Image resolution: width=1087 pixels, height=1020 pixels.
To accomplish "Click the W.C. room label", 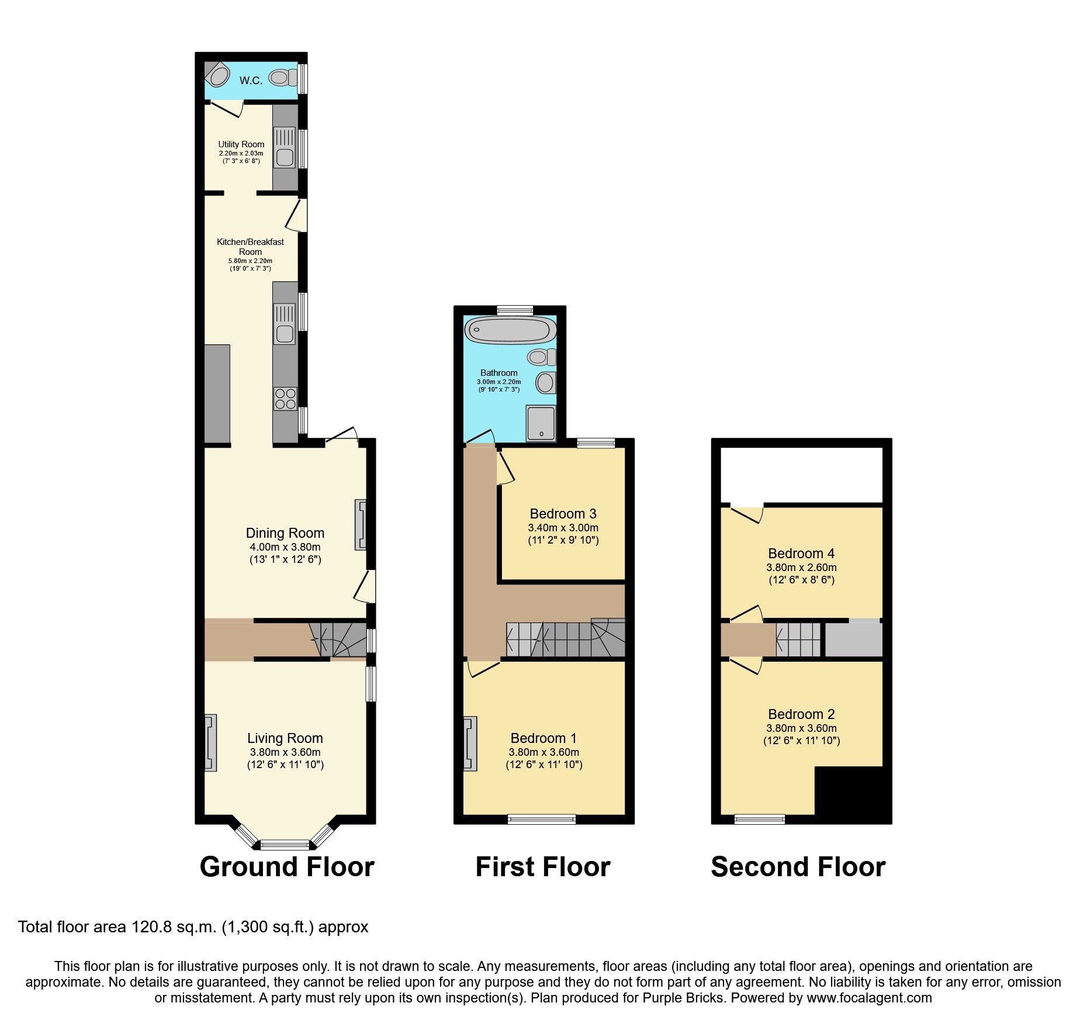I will (251, 81).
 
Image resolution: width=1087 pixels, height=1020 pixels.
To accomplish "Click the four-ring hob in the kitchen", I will (285, 399).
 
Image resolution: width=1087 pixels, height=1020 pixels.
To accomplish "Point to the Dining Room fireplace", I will (361, 524).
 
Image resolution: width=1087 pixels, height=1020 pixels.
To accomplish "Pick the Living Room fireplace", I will (210, 742).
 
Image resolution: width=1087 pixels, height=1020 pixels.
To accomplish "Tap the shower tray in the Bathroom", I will (541, 423).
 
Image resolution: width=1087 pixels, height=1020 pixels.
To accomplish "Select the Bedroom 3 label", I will (563, 514).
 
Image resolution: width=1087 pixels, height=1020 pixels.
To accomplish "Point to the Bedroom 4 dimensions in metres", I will (801, 567).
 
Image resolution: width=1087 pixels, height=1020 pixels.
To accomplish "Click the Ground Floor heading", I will (287, 866).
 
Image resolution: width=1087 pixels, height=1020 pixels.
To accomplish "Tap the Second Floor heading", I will (798, 866).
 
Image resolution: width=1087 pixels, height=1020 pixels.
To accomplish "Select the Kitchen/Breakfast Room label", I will (250, 247).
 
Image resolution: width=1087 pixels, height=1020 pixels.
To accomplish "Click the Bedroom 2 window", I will (759, 820).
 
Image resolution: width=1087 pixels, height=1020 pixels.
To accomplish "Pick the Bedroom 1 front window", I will (542, 820).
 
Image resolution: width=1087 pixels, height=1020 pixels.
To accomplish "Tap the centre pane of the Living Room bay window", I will (285, 844).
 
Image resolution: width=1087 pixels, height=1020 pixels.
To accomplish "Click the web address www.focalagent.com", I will (869, 998).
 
